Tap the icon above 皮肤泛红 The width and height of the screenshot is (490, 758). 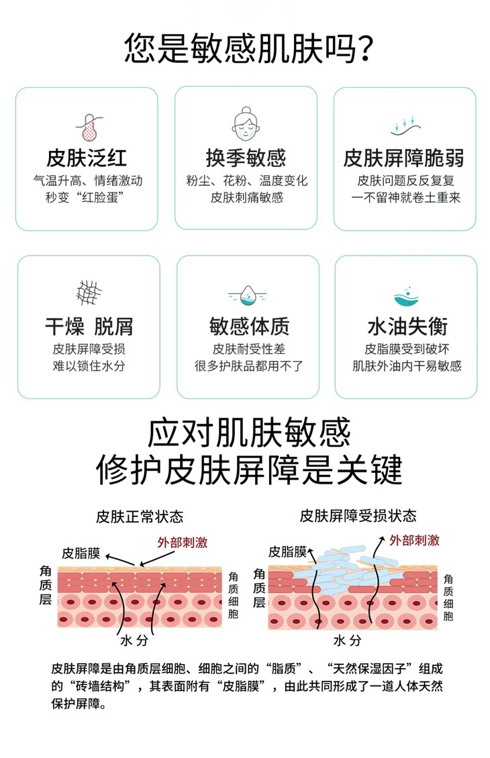coord(87,126)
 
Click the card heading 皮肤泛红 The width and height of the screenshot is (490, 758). coord(87,158)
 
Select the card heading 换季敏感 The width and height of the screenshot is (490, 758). coord(246,158)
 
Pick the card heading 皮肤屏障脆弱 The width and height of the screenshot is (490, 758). coord(404,158)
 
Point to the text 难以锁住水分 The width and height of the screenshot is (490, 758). coord(89,366)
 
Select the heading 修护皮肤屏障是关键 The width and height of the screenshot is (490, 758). coord(248,470)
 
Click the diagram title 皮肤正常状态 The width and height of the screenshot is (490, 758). coord(139,517)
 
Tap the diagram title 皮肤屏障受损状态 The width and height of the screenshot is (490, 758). coord(358,517)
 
